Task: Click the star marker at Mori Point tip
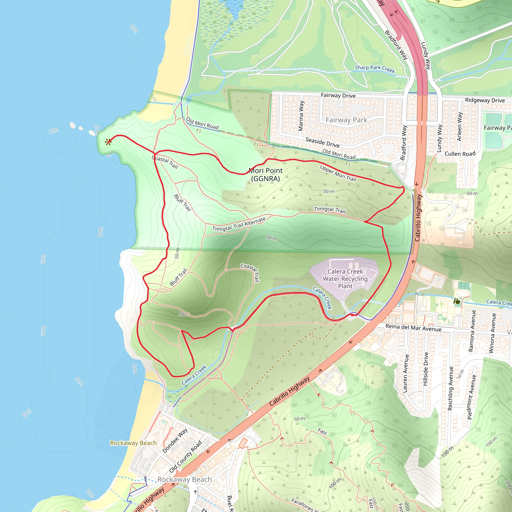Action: [x=108, y=142]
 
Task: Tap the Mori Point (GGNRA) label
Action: [x=265, y=175]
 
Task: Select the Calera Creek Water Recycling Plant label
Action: [x=345, y=279]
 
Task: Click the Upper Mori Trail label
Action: [x=338, y=173]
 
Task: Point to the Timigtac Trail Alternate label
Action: [x=239, y=224]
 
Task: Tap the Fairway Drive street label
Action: [x=338, y=95]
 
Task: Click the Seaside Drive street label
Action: [x=322, y=142]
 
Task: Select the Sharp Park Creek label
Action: [x=375, y=69]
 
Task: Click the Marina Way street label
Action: [x=301, y=116]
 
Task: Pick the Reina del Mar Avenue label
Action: [x=413, y=327]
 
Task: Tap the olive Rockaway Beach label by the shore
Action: [x=133, y=443]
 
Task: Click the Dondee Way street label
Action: [x=175, y=440]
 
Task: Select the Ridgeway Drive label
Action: [x=485, y=100]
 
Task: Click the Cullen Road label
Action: [x=460, y=154]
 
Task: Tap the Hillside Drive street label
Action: [x=425, y=369]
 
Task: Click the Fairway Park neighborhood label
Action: [x=346, y=120]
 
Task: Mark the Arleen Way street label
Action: [x=459, y=127]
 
